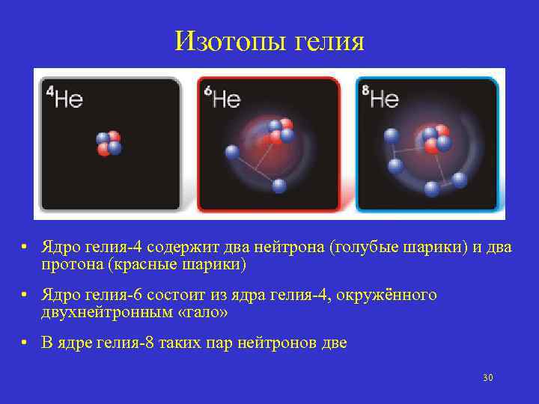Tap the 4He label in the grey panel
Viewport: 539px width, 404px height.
coord(64,97)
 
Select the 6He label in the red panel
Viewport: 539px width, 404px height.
coord(222,97)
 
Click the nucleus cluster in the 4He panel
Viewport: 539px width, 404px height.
coord(109,143)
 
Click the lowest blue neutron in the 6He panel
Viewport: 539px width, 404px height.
coord(279,186)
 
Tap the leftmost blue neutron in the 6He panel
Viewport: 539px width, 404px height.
coord(231,152)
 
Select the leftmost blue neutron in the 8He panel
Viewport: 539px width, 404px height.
coord(390,135)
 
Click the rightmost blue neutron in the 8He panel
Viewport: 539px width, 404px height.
coord(460,180)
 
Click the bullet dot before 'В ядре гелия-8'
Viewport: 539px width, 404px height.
coord(25,343)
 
